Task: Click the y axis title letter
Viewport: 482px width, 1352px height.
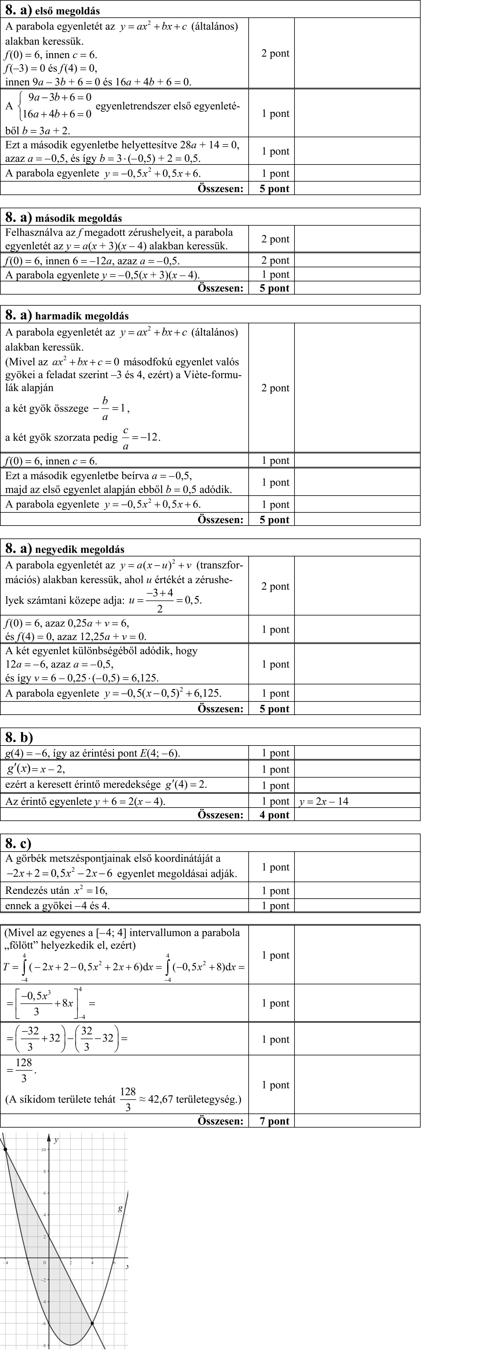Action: tap(56, 1136)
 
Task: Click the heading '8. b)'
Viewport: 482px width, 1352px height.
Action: tap(19, 737)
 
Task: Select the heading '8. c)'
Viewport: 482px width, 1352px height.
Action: tap(18, 844)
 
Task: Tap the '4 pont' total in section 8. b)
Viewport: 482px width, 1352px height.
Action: tap(275, 814)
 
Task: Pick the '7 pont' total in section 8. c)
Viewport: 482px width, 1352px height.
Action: tap(275, 1121)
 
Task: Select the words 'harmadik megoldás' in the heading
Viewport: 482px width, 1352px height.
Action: tap(82, 316)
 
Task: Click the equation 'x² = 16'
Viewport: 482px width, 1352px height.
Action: tap(90, 891)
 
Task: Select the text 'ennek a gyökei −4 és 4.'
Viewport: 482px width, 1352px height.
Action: tap(58, 905)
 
